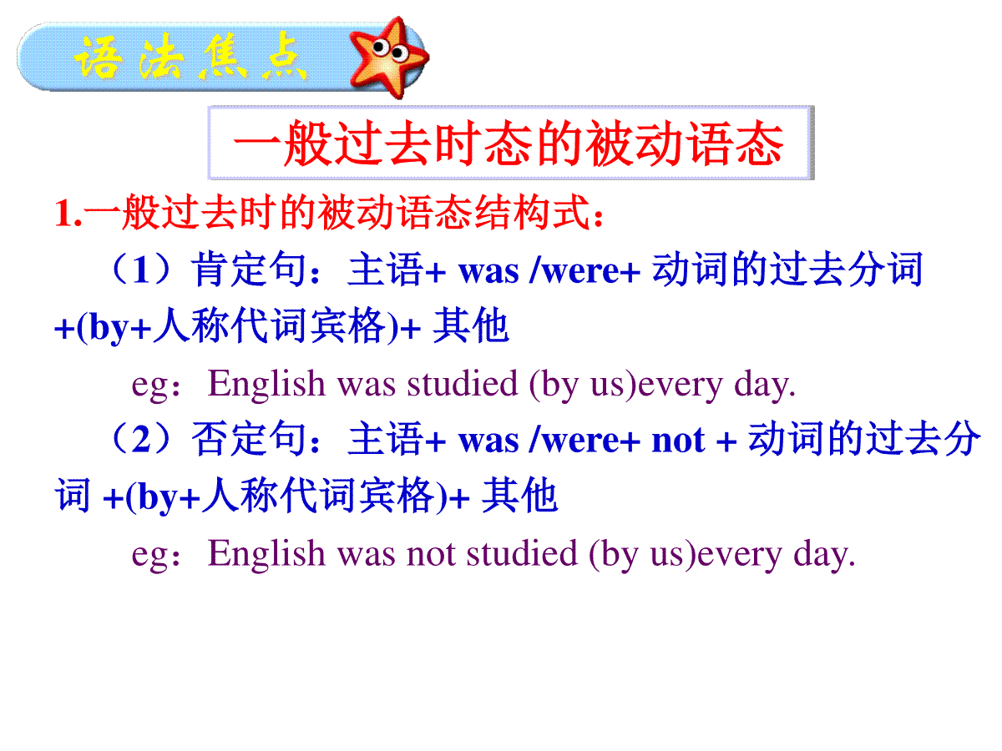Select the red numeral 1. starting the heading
click(68, 213)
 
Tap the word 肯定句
click(249, 269)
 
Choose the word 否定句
click(249, 438)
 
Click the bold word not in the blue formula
click(678, 441)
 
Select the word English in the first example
click(266, 384)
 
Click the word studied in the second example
click(522, 553)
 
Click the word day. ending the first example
click(765, 386)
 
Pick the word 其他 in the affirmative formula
click(470, 325)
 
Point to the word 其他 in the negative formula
click(519, 495)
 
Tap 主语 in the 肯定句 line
click(385, 269)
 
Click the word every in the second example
click(740, 557)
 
